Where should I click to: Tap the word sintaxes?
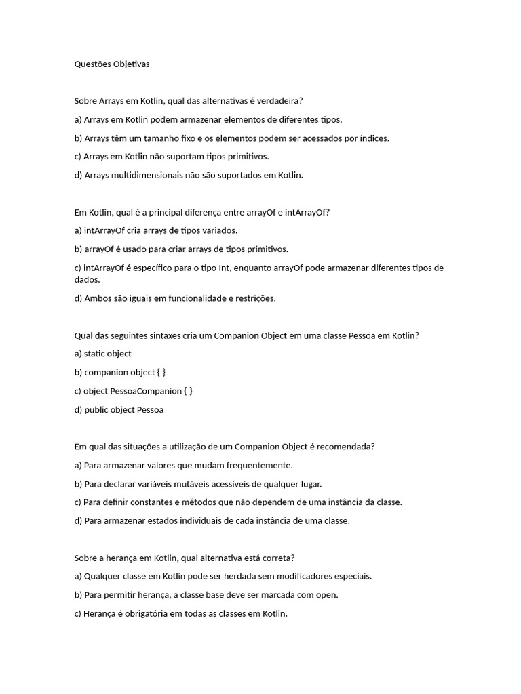[x=169, y=335]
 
